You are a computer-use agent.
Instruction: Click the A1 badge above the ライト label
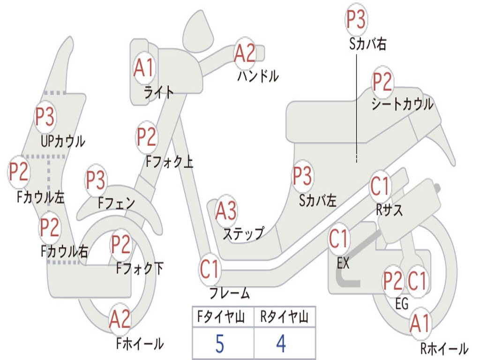pos(143,67)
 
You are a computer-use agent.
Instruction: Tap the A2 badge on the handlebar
pos(245,53)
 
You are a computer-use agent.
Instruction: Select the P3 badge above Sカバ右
pos(356,19)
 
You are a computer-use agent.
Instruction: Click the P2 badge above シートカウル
pos(382,81)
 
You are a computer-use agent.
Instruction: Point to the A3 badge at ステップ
pos(226,210)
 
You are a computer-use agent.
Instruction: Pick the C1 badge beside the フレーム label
pos(210,269)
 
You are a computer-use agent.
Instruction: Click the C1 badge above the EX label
pos(338,239)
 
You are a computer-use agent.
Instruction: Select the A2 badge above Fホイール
pos(120,319)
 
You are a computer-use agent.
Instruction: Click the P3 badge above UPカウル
pos(45,116)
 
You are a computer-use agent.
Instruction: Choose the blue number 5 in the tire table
pos(220,344)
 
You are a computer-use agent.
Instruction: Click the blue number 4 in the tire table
pos(281,344)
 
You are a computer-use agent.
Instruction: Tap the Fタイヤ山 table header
pos(221,317)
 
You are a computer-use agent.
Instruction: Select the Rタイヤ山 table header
pos(284,317)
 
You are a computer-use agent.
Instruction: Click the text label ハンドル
pos(258,76)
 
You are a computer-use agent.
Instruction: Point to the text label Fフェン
pos(116,203)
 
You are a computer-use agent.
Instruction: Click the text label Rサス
pos(389,210)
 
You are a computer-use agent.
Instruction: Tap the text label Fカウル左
pos(41,197)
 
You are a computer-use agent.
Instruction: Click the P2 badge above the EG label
pos(393,281)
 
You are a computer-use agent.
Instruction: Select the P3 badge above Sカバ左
pos(302,176)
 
